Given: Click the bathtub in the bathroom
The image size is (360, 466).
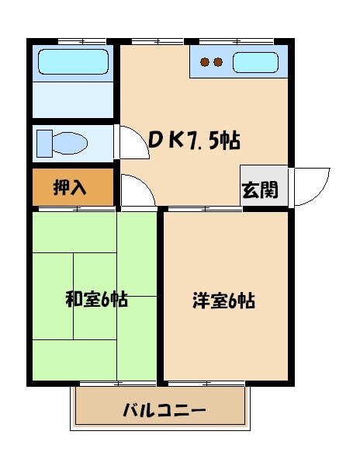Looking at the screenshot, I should coord(74,61).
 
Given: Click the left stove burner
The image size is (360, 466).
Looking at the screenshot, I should coord(205,62).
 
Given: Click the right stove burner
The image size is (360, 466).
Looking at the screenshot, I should coord(218,62).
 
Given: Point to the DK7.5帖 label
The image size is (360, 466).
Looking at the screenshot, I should coord(194,141).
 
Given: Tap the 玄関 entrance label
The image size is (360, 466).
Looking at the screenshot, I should coord(259,190).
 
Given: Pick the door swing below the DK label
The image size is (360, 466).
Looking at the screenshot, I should coord(138,191).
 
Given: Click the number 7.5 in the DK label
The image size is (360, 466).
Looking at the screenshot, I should coord(202,141).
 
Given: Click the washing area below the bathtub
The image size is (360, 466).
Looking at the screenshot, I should coord(74,100).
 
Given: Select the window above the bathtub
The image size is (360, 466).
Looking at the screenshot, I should coord(81,40).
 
